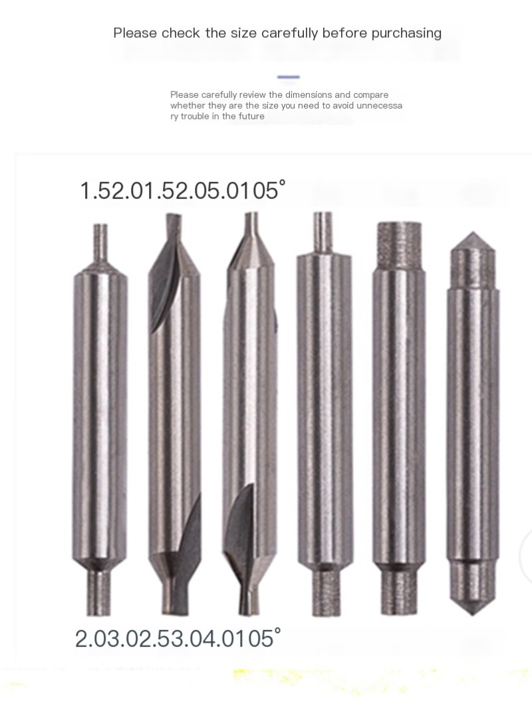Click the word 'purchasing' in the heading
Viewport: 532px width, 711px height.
tap(406, 33)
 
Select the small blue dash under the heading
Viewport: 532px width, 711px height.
tap(289, 77)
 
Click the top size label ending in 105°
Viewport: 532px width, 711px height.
tap(183, 190)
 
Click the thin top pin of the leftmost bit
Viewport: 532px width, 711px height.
tap(100, 245)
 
